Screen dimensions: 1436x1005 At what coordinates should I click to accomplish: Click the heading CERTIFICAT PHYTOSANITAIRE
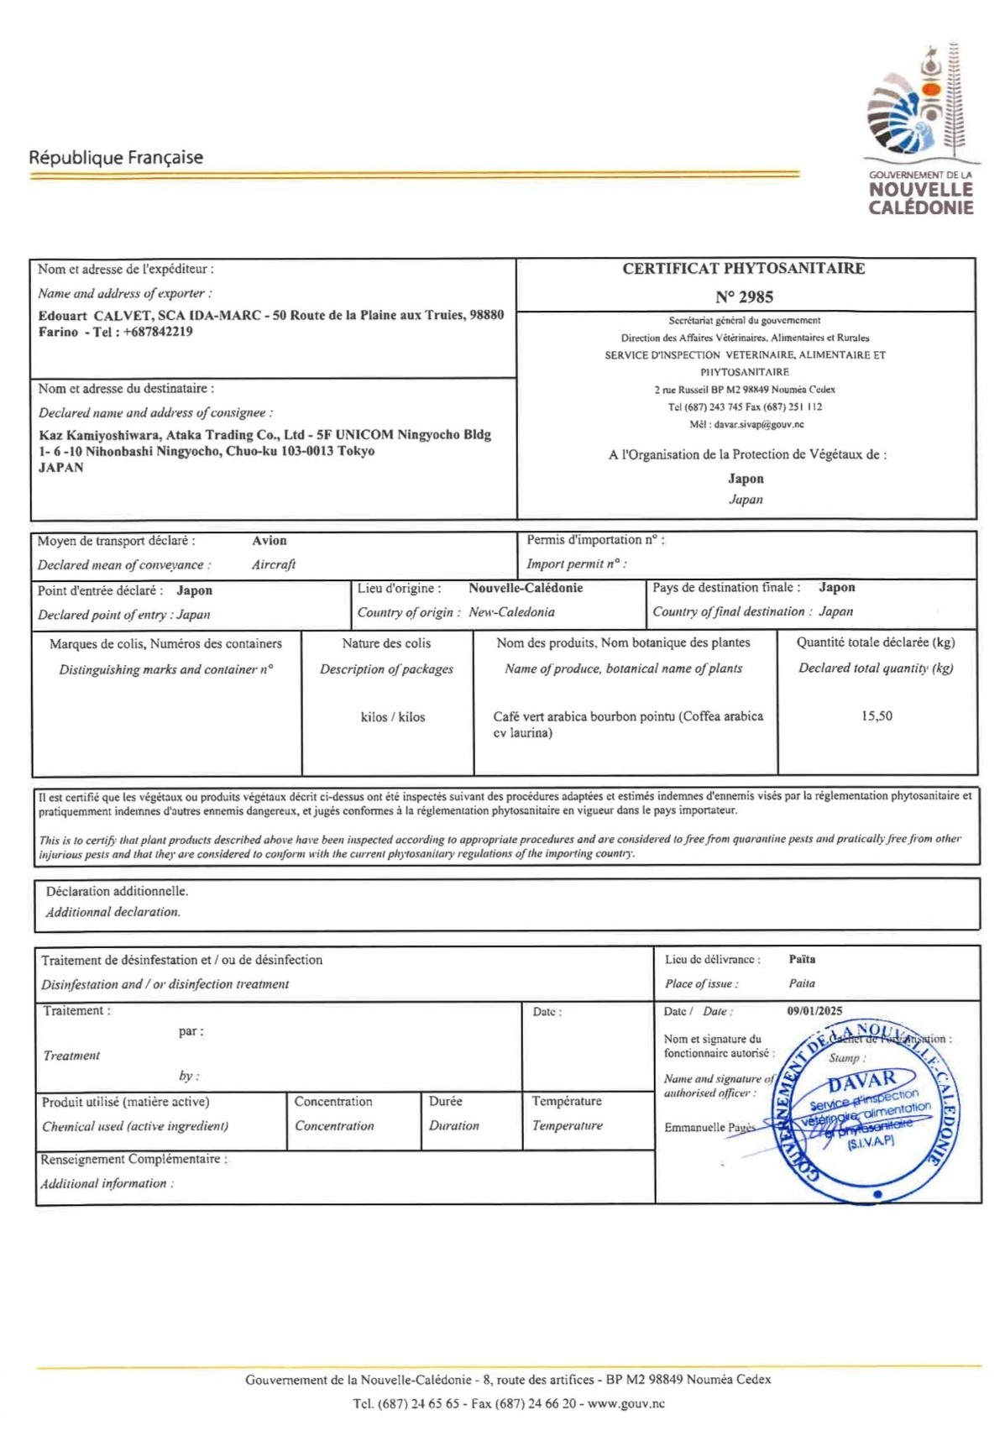743,269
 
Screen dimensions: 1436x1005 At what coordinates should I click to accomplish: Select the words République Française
116,157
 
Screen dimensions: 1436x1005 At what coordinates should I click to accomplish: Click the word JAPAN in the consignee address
61,468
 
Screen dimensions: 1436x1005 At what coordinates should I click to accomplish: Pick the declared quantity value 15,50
876,716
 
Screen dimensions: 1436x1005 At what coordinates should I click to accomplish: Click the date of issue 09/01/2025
814,1011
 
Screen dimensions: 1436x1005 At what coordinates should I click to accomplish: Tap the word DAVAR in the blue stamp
861,1079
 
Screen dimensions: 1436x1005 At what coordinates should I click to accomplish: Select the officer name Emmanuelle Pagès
709,1127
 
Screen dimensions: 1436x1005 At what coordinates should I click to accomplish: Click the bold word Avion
270,541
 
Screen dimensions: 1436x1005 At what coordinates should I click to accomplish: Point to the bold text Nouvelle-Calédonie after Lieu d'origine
526,588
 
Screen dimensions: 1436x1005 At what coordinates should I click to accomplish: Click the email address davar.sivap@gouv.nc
758,425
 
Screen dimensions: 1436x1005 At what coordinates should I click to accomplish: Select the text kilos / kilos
392,717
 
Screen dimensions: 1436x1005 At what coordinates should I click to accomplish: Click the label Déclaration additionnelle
117,891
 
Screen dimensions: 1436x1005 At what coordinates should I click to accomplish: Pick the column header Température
567,1101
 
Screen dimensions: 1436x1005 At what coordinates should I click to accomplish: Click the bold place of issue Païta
802,959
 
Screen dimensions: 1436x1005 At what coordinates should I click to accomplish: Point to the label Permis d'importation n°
594,540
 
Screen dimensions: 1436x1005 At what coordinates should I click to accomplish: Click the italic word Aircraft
274,565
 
